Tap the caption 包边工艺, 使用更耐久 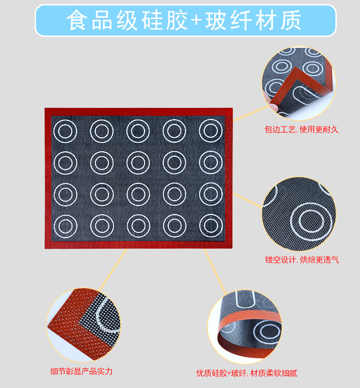(x=302, y=129)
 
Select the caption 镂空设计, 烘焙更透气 (x=302, y=260)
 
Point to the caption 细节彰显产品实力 (x=82, y=371)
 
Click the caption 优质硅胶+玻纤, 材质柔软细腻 (x=247, y=373)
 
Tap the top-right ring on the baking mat (x=211, y=131)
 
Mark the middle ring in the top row (x=138, y=131)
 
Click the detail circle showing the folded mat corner (x=298, y=81)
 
